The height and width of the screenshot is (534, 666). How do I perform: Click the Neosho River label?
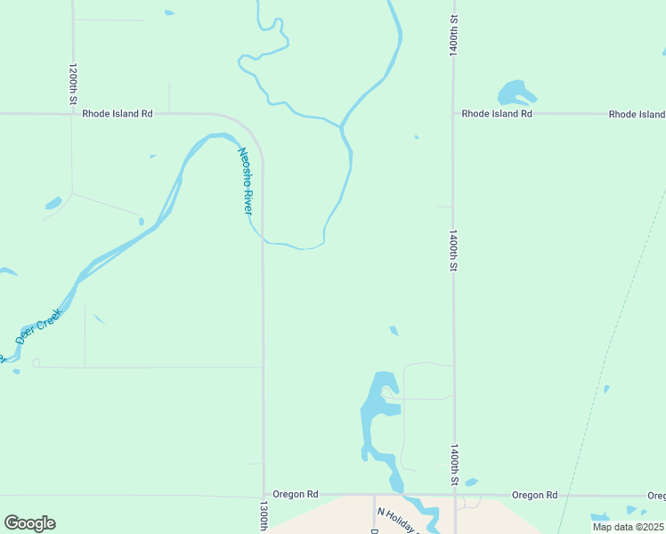pos(246,179)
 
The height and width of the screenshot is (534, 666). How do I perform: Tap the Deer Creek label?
pos(38,327)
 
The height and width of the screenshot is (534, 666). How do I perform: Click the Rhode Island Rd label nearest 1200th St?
pos(118,114)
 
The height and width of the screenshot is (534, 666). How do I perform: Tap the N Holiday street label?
pos(397,522)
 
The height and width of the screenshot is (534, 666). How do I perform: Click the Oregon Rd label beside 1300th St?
pos(296,494)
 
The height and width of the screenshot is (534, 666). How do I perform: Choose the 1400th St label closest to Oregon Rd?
pos(454,464)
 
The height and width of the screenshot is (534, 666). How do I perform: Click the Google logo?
pos(29,522)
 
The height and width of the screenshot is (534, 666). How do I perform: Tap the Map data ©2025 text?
pos(628,527)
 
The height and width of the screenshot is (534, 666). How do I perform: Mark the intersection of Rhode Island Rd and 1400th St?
pos(453,114)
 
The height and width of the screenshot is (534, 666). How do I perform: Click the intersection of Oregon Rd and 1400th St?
pos(455,495)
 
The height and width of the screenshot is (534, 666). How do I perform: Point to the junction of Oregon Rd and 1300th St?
pos(264,495)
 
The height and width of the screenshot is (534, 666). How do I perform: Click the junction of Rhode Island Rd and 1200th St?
pos(73,114)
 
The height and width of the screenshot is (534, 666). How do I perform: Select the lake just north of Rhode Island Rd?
pos(515,93)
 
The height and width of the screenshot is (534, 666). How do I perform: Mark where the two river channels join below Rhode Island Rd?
pos(341,126)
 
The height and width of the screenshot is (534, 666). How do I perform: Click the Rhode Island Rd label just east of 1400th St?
pos(497,114)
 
